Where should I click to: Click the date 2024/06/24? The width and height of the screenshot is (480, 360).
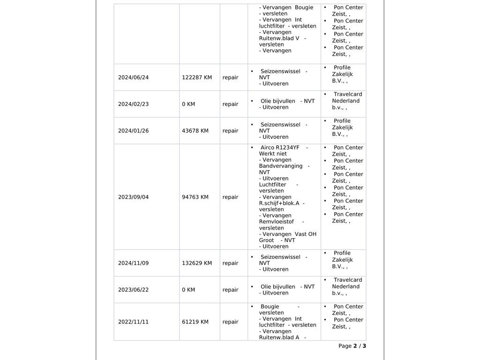coord(133,77)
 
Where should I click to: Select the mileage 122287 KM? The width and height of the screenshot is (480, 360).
coord(196,77)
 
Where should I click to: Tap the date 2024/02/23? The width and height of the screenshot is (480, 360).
coord(133,104)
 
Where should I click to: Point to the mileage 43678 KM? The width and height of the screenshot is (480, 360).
coord(195,131)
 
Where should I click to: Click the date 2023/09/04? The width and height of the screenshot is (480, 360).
coord(133,197)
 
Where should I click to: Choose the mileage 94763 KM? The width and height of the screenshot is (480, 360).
coord(195,197)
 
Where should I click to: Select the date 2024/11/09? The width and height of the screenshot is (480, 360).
coord(133,263)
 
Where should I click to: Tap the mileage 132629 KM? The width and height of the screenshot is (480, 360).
coord(196,263)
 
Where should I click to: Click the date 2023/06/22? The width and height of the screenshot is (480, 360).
coord(133,290)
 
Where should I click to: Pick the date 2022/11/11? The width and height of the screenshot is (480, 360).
coord(133,322)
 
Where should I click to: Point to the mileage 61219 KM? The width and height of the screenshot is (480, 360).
coord(195,322)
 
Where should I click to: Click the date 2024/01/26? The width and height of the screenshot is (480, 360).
coord(133,131)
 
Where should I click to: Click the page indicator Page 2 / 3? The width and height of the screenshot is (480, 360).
coord(352,346)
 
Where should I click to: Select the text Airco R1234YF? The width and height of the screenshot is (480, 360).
coord(280,148)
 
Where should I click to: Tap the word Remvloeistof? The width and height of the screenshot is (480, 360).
coord(277,222)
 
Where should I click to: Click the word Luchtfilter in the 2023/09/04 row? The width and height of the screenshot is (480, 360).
coord(272,185)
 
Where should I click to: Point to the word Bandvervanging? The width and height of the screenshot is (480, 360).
coord(281,166)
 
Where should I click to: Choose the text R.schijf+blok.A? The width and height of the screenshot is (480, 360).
coord(279,203)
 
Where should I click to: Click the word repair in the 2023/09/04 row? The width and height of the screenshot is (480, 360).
coord(230,197)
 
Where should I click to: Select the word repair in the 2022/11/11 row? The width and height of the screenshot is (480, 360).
coord(230,322)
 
